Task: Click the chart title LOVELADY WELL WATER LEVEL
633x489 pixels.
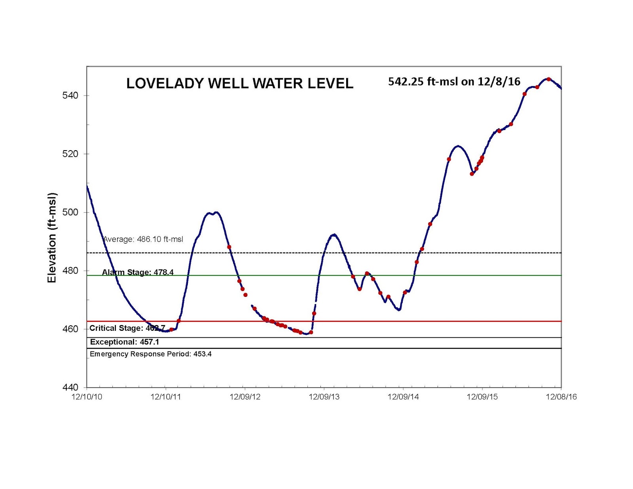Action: click(x=239, y=83)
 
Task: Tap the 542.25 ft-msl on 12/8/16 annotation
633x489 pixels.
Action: click(x=454, y=81)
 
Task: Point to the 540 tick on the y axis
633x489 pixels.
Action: click(x=70, y=96)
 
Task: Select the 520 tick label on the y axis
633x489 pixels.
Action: click(x=70, y=154)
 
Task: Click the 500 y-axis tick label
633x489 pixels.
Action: click(x=70, y=212)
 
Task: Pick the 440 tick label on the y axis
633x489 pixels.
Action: click(x=70, y=387)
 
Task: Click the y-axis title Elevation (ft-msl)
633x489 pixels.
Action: click(x=52, y=238)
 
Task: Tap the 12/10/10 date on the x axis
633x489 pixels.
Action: click(x=87, y=397)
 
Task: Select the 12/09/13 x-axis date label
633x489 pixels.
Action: click(x=324, y=397)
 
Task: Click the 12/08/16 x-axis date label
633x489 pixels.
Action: click(x=561, y=397)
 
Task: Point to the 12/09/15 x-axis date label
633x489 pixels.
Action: click(x=482, y=397)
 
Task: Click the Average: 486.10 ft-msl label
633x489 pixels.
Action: click(x=143, y=239)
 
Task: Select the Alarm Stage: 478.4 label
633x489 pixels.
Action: click(x=138, y=272)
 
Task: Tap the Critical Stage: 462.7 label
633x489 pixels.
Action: click(x=127, y=328)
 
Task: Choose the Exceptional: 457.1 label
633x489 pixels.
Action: click(x=125, y=342)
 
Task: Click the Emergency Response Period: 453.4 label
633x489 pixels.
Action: click(x=150, y=354)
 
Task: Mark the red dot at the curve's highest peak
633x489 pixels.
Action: click(x=548, y=79)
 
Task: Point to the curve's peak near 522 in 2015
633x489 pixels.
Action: click(x=458, y=146)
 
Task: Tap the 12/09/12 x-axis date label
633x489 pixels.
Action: click(x=245, y=397)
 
